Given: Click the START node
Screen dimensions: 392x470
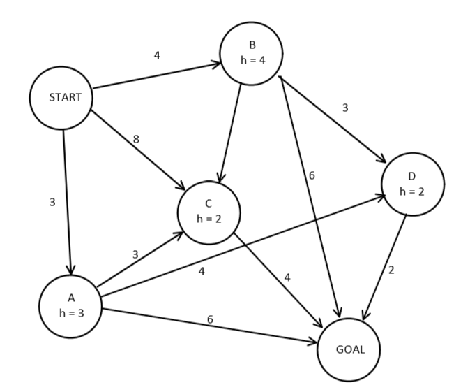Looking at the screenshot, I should (61, 98).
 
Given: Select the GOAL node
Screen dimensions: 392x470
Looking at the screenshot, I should (349, 349).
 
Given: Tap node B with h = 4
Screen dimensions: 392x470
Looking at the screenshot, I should (251, 53).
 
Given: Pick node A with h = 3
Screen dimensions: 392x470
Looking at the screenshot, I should (70, 306).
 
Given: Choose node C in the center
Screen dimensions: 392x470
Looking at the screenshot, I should (209, 212).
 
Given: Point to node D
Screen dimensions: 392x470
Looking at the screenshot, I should (412, 184).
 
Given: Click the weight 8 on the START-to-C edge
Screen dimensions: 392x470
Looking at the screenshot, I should (136, 139).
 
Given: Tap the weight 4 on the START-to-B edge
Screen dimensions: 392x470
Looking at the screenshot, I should (157, 55).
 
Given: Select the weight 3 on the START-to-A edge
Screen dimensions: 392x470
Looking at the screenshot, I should (52, 203).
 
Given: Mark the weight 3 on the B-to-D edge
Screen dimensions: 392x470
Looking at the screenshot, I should (344, 108).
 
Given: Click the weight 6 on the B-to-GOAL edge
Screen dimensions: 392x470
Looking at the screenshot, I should (312, 175).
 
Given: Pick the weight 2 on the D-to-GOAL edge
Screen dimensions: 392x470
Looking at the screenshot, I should (391, 270).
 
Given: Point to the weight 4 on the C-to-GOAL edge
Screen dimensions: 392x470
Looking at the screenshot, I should (287, 277).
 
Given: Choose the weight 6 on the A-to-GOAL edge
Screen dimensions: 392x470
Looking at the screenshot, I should (210, 319).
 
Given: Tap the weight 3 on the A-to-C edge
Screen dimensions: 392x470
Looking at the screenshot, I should (135, 254).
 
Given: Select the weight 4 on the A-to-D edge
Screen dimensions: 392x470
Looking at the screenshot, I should (202, 270).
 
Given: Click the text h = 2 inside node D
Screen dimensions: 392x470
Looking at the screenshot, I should (412, 191).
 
